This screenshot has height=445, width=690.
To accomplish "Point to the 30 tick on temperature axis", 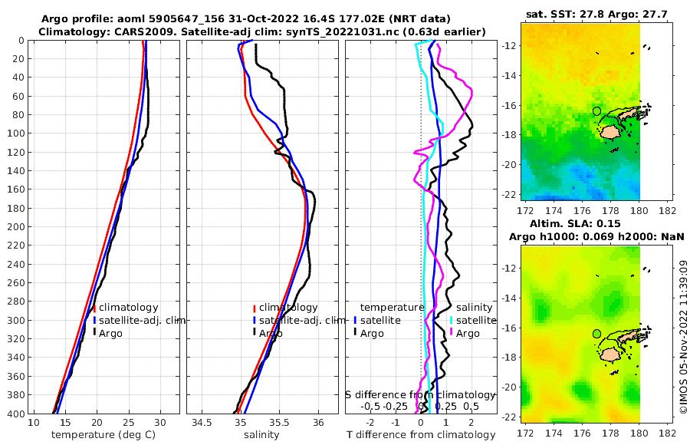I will [159, 423].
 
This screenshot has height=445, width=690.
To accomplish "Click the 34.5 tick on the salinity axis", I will [202, 423].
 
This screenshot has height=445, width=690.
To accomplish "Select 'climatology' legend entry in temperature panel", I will [128, 308].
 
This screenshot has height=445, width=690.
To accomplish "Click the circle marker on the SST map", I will [596, 111].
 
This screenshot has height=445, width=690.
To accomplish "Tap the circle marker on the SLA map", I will [596, 334].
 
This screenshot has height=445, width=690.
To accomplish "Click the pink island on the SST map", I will [610, 131].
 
